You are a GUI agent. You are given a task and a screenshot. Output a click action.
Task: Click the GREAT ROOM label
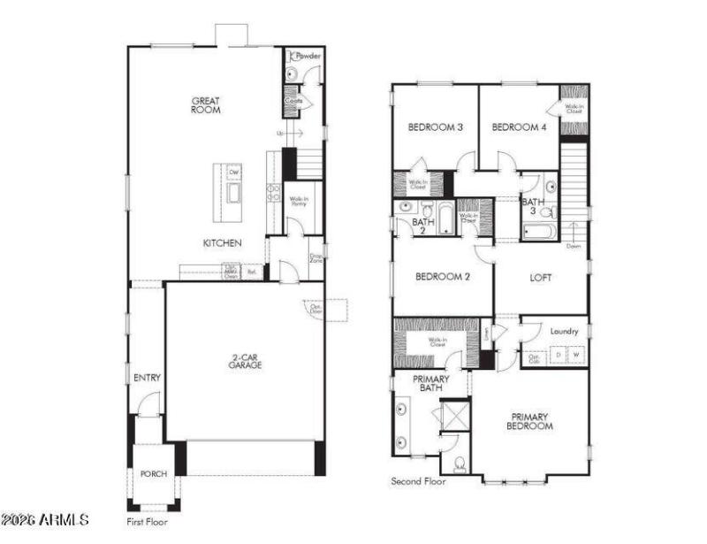point(206,105)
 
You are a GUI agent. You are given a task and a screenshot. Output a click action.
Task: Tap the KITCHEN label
point(223,242)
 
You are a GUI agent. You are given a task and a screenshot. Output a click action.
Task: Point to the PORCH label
point(154,474)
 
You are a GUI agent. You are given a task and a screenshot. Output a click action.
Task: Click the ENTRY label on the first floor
point(147,378)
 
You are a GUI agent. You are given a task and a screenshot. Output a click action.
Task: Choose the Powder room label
point(308,56)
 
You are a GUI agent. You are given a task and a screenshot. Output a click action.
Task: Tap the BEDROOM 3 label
point(435,127)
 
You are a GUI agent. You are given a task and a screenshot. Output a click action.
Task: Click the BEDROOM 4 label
point(520,127)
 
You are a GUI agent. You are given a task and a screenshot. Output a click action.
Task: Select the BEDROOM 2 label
point(442,277)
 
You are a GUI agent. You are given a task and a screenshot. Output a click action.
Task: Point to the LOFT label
point(541,278)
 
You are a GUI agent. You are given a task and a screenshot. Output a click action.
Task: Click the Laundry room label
point(564,332)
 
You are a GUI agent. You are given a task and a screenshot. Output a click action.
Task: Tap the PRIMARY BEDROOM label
point(530,421)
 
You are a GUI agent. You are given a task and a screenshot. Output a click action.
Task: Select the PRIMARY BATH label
point(432,383)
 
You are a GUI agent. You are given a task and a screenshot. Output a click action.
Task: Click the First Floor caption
point(147,522)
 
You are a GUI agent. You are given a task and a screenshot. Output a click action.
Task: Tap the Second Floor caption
point(418,482)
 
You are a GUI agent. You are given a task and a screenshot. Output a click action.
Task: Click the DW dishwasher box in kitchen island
point(234,172)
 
